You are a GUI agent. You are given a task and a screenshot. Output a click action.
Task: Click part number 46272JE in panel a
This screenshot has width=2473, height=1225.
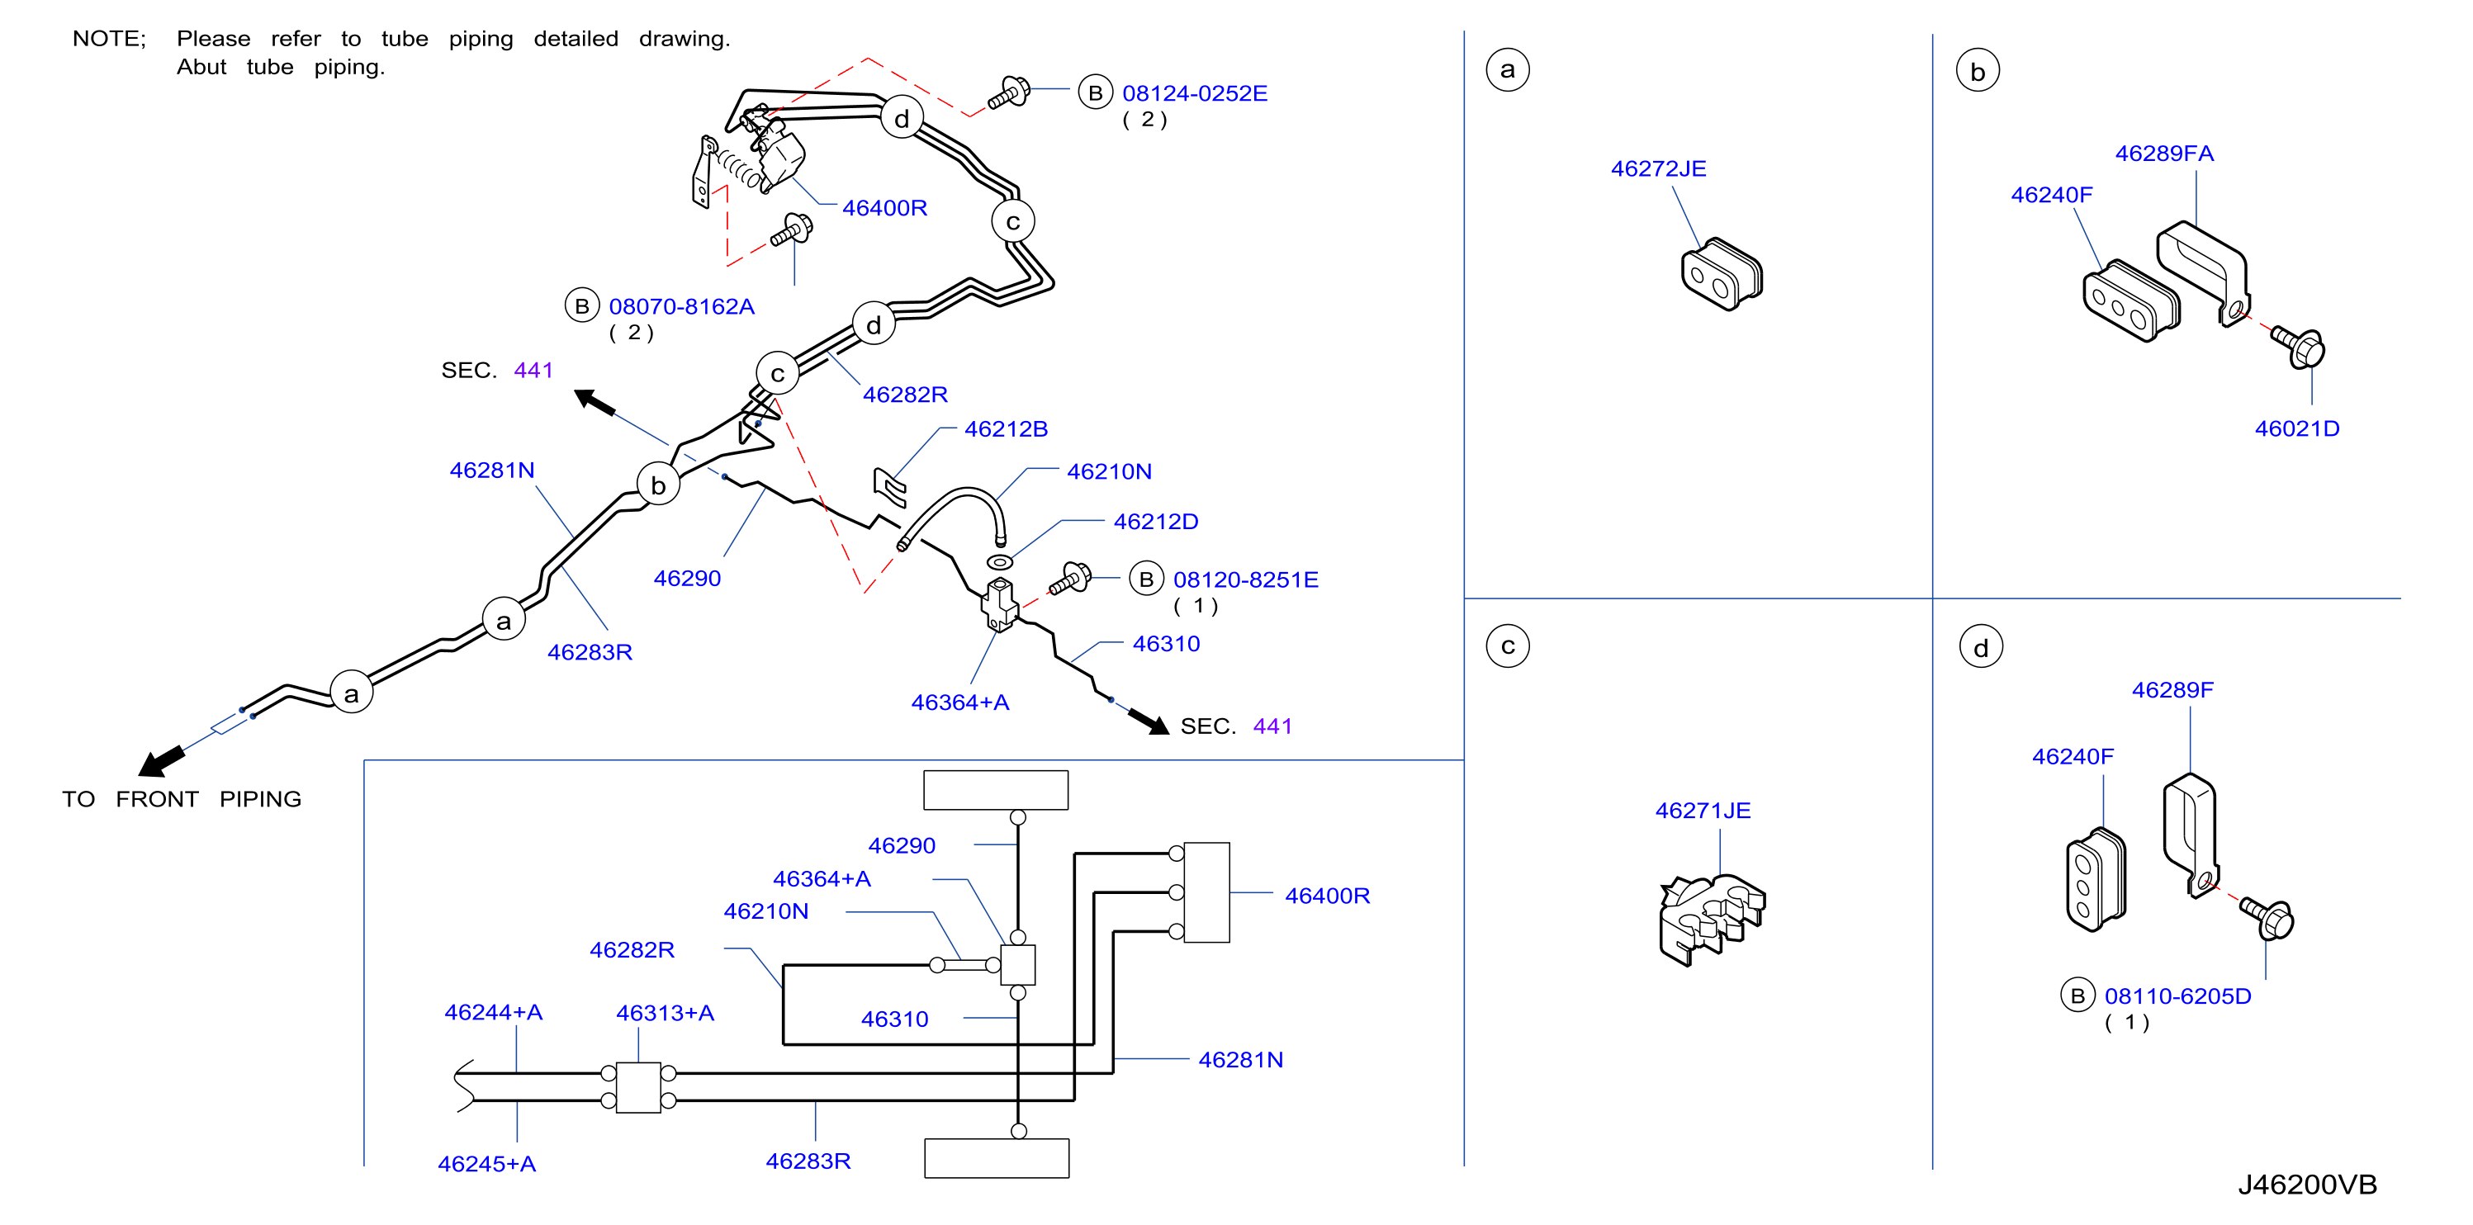(1658, 169)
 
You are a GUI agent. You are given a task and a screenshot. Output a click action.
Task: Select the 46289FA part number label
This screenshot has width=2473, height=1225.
(2164, 154)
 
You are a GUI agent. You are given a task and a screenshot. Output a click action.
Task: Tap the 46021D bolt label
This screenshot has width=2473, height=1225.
(2296, 429)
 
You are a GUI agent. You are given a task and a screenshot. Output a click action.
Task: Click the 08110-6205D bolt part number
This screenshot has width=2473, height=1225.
(2177, 996)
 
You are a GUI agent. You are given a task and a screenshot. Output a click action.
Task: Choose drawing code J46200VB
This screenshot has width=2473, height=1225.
(2307, 1185)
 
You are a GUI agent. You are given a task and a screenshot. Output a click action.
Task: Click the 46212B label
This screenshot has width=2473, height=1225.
(1005, 429)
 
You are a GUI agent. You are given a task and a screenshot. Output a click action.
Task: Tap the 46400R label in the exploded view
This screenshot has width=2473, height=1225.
(884, 208)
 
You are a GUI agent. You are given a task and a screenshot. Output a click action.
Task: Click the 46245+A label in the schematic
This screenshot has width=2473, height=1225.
(486, 1164)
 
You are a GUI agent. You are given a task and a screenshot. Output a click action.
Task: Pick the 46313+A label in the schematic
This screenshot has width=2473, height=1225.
(665, 1013)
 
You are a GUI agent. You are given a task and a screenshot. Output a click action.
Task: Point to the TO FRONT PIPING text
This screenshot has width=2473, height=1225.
(182, 799)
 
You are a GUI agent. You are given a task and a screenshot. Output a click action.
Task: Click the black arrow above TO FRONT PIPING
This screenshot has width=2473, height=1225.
(161, 760)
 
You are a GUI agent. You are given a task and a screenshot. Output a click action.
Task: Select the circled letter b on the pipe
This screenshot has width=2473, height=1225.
(659, 484)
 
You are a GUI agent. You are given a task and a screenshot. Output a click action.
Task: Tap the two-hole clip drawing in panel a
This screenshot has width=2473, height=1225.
(1722, 275)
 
